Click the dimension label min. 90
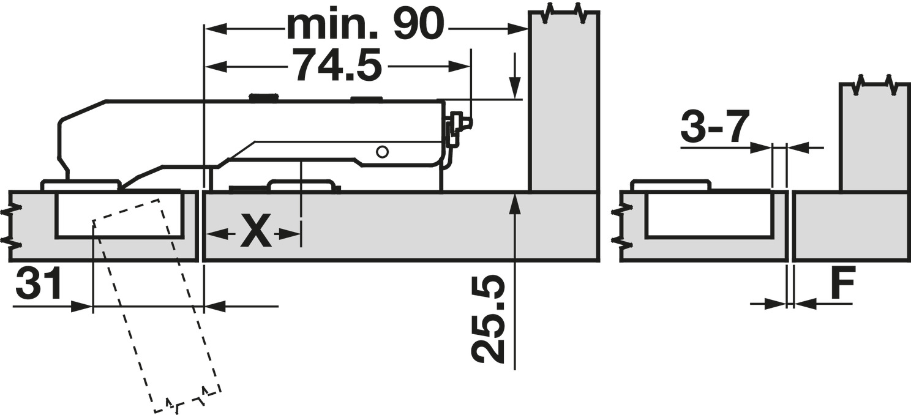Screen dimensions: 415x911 365,26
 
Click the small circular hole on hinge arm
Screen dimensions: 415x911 383,151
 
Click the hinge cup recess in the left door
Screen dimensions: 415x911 119,214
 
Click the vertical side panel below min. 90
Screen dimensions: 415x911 563,104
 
